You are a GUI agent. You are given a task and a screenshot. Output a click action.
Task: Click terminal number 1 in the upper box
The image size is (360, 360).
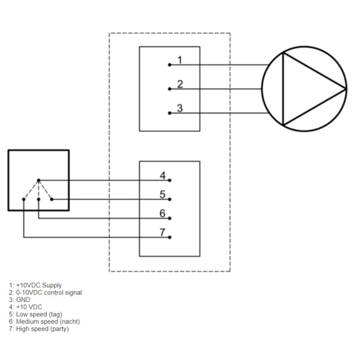179,60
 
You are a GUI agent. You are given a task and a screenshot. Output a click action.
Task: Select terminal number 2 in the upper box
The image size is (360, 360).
179,84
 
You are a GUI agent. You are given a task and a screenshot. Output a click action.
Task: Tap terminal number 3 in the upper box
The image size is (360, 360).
179,108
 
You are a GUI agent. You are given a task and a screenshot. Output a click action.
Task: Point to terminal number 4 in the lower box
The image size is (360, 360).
162,175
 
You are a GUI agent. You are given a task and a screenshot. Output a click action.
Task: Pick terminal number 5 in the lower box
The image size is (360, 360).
162,194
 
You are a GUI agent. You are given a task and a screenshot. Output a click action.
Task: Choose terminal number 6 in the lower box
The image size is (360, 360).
162,214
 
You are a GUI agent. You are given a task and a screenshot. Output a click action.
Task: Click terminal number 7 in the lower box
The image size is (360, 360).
162,233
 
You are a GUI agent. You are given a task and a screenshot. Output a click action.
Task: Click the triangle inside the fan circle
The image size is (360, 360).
306,89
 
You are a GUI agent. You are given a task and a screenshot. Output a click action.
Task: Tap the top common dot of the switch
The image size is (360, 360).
39,180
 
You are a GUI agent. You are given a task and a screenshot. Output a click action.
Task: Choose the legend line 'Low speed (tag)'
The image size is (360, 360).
37,314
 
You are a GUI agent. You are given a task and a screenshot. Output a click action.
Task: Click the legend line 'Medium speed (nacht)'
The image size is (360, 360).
44,322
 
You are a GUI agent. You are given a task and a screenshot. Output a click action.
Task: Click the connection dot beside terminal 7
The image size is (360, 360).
170,237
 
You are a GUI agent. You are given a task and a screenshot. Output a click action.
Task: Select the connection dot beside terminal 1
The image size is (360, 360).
170,64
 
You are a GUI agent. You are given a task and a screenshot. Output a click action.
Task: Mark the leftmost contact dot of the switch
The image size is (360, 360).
24,199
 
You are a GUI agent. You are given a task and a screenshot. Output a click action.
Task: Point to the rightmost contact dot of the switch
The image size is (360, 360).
52,199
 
